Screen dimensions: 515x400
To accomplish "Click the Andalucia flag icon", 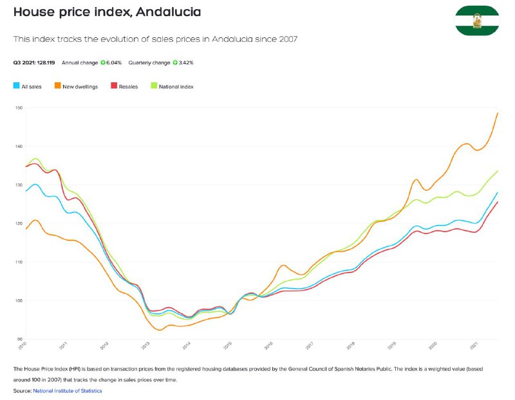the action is tap(477, 21).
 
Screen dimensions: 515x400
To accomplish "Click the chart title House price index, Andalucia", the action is tap(107, 12).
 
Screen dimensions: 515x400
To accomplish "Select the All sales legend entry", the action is tap(27, 86).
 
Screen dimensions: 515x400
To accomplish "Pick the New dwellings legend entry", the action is tap(76, 86).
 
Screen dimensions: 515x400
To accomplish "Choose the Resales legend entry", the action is tap(124, 86).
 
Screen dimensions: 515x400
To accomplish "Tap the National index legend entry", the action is tap(172, 86).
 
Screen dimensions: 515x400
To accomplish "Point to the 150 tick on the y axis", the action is tap(19, 108).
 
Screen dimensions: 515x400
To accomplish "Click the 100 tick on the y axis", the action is tap(19, 300).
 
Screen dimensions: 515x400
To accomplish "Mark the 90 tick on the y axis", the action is tap(20, 339).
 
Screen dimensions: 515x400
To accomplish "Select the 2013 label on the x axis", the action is tap(146, 345).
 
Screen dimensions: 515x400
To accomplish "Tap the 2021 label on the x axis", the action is tap(474, 345).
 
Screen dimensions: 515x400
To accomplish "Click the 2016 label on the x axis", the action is tap(269, 345).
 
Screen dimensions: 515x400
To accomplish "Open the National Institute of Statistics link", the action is tap(68, 391).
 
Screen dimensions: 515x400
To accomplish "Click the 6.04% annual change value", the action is tap(114, 62).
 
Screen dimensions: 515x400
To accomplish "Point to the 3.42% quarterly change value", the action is tap(186, 62).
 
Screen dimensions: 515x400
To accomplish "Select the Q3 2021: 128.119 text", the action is tap(34, 62).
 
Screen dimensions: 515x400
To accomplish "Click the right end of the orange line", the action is tap(498, 113).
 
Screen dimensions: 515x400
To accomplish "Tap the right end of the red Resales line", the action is tap(498, 202).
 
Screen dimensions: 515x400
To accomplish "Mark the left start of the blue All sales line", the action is tap(26, 190).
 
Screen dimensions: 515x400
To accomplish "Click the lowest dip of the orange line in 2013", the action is tap(160, 330).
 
